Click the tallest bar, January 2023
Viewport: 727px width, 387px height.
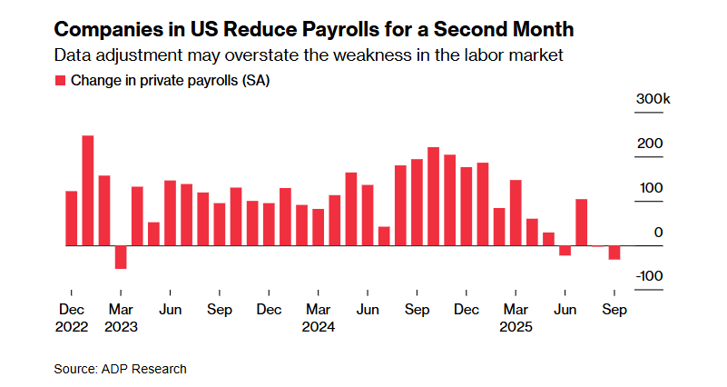[88, 191]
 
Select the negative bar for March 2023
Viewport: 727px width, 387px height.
[121, 257]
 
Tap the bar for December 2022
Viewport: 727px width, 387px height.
[72, 218]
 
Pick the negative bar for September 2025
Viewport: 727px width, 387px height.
[614, 253]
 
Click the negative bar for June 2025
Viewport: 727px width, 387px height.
[565, 251]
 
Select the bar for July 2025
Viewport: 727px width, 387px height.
[582, 223]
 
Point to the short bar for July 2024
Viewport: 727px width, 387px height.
[384, 236]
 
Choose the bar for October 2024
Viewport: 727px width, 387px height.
[434, 196]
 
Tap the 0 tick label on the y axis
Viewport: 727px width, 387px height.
[659, 233]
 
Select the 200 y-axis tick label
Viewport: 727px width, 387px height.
[653, 144]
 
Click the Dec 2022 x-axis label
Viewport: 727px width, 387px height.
[72, 317]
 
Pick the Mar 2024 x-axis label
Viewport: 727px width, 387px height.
[318, 317]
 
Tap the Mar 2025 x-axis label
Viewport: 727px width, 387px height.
[516, 317]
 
